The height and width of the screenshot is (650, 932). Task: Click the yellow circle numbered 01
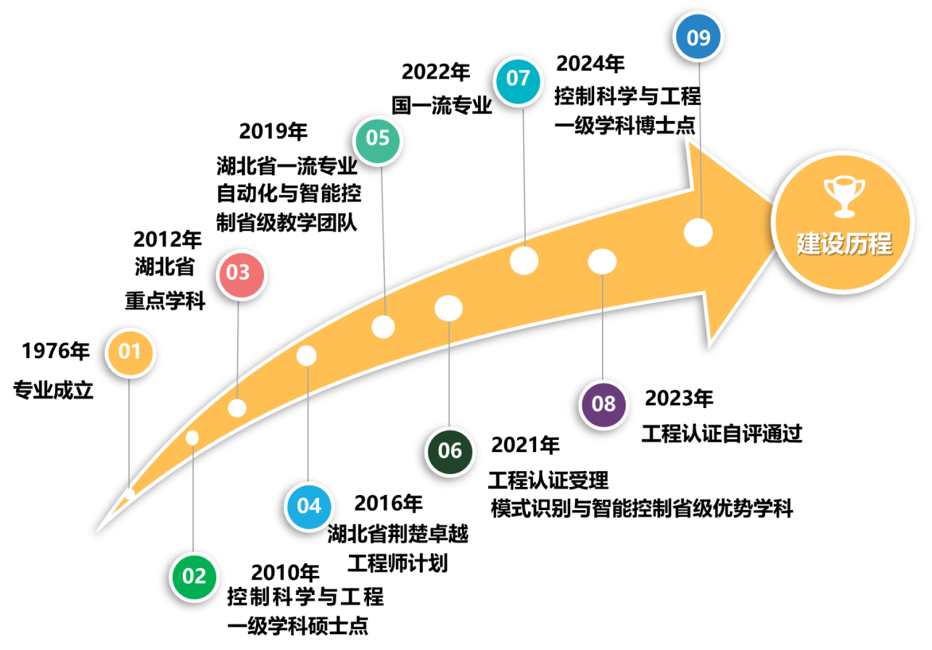point(130,352)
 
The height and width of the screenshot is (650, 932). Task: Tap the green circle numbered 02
point(194,577)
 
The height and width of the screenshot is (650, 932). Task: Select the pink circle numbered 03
point(241,275)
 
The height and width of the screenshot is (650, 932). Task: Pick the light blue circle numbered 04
point(309,507)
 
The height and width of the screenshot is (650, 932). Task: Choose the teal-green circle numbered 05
point(377,140)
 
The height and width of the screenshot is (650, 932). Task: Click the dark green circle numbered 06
point(450,451)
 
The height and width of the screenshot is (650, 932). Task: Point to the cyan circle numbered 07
point(518,80)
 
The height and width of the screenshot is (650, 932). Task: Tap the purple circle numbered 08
point(603,404)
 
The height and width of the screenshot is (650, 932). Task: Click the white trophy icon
point(844,197)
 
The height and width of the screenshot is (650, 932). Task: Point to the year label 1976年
point(55,351)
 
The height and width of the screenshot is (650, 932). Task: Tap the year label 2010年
point(286,572)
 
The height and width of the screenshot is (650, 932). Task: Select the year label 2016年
point(388,504)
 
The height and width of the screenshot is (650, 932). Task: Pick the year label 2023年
point(679,398)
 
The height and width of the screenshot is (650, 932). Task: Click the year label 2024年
point(590,64)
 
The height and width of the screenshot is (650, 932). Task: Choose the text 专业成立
point(53,390)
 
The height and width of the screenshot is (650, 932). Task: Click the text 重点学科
point(165,301)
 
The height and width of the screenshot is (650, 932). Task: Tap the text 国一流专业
point(442,105)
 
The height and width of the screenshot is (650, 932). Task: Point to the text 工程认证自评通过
point(722,433)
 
